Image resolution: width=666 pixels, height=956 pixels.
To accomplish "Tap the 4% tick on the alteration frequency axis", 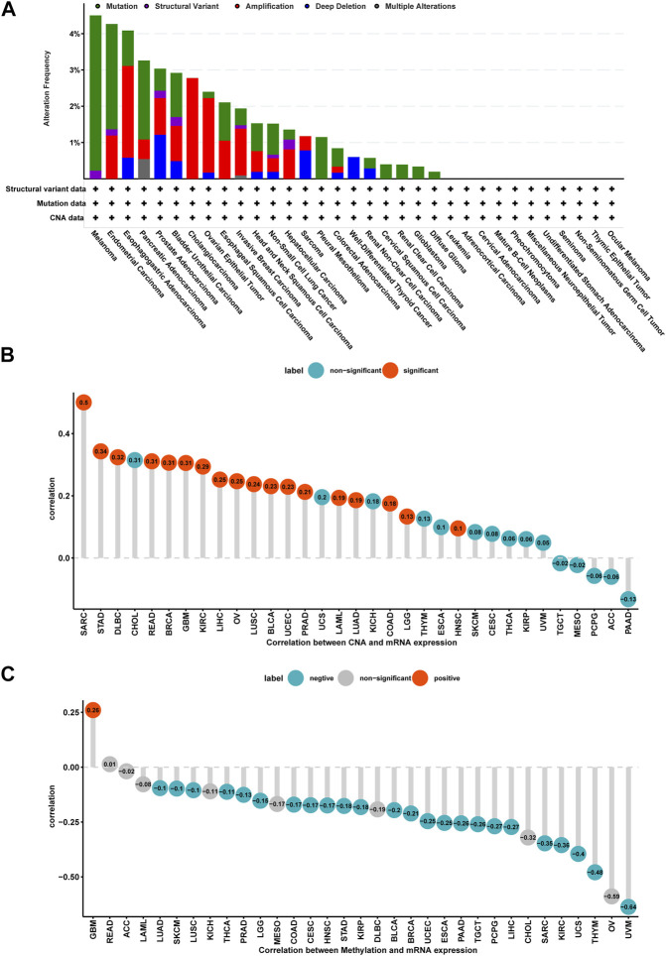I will pyautogui.click(x=73, y=34).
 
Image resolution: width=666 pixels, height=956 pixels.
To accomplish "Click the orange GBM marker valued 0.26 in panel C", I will pyautogui.click(x=92, y=709).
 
